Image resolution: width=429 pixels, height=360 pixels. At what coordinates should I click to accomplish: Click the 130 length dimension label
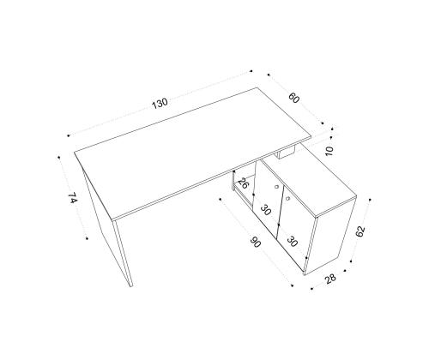pos(160,104)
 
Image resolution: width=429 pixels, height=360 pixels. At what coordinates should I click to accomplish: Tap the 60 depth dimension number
pos(293,98)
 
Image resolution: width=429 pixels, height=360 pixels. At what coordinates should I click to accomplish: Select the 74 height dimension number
pos(73,198)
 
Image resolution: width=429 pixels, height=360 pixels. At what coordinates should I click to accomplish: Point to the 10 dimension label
pos(329,151)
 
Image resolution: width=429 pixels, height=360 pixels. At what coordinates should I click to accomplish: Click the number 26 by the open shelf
pos(244,183)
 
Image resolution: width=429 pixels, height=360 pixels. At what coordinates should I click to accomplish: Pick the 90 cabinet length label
pos(256,243)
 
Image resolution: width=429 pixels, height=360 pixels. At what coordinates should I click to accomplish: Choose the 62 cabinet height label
pos(360,231)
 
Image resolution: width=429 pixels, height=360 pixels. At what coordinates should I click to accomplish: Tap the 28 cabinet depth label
pos(330,278)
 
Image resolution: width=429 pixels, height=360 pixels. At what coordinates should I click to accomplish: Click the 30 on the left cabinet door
pos(265,210)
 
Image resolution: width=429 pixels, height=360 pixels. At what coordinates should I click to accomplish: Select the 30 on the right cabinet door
pos(292,242)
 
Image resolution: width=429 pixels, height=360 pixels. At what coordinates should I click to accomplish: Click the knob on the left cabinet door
pos(276,187)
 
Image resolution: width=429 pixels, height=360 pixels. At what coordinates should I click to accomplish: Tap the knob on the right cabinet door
pos(287,197)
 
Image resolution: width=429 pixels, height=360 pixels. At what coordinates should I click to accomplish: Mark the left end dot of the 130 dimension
pos(69,135)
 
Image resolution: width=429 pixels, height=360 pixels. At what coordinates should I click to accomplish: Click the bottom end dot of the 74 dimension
pos(87,238)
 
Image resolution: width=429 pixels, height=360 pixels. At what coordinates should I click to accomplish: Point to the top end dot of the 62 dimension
pos(370,200)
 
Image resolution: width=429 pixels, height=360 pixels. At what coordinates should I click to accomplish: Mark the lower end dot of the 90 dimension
pos(292,285)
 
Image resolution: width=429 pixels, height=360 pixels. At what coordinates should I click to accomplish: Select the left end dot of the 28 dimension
pos(311,289)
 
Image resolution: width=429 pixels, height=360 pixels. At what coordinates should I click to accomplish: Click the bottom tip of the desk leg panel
pos(131,286)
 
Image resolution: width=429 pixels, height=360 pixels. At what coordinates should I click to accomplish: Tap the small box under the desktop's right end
pos(286,153)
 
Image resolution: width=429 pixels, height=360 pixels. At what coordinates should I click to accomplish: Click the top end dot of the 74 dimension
pos(59,157)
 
